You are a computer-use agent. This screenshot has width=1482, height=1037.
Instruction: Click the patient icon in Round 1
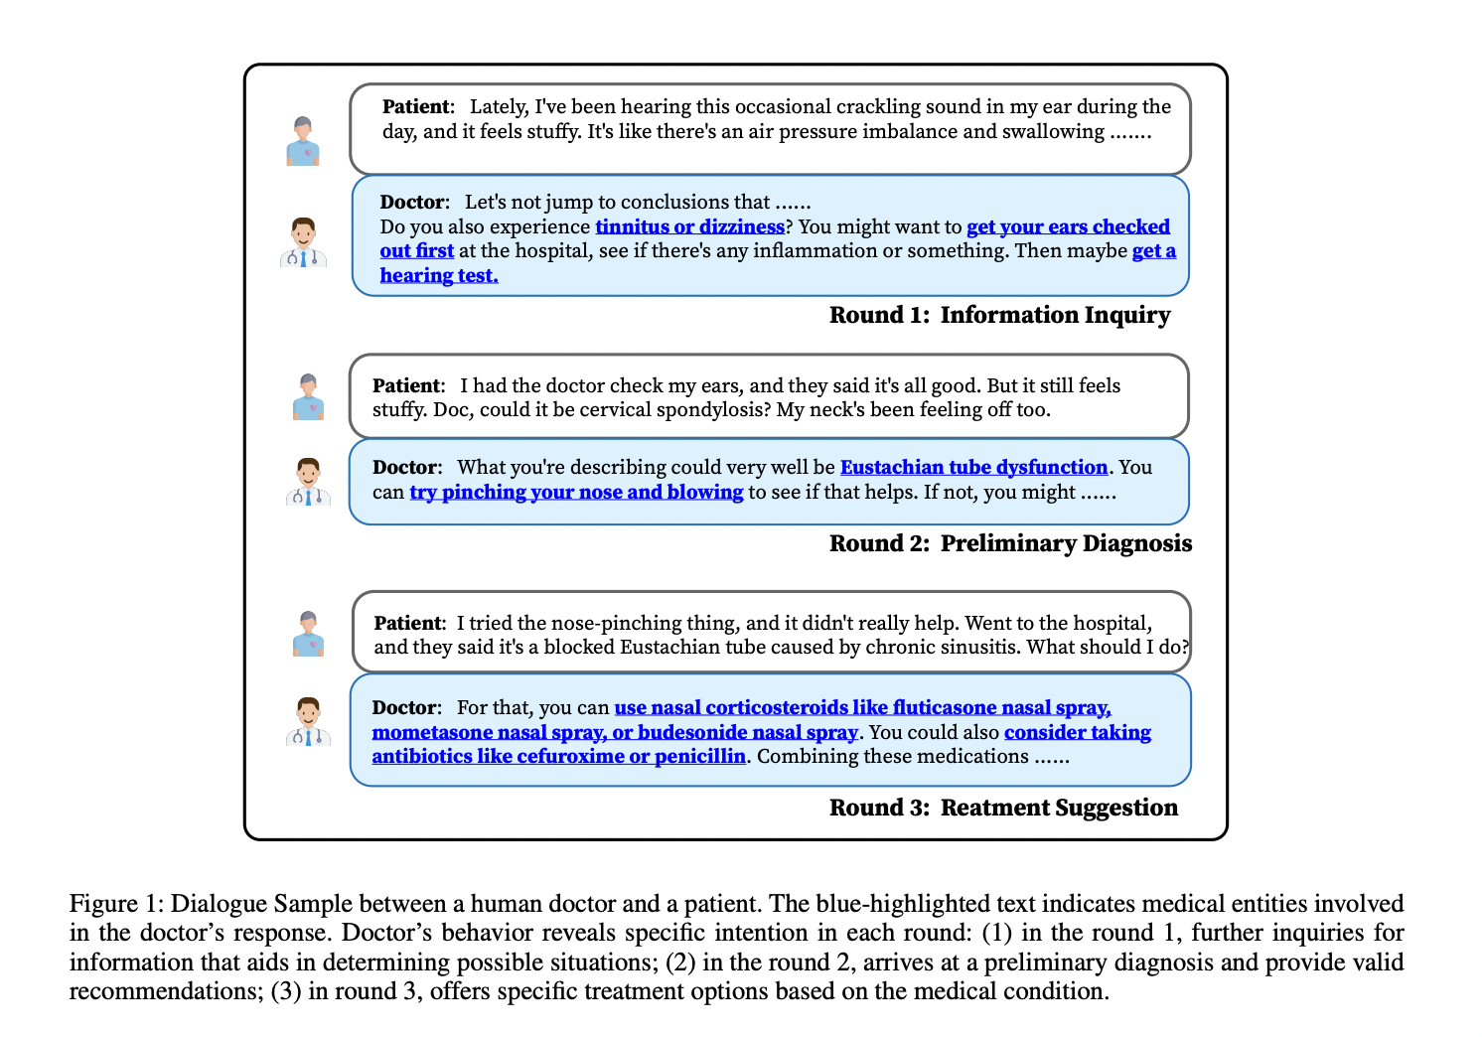[x=303, y=141]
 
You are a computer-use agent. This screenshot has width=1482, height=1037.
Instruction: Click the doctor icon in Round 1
[x=303, y=243]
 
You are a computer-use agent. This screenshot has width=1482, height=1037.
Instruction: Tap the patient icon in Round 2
[x=309, y=397]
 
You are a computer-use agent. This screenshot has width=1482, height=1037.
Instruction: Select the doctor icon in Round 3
[x=308, y=722]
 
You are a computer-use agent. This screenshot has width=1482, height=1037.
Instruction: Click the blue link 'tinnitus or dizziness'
[x=689, y=226]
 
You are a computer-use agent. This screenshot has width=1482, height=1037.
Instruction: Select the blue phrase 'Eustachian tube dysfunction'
[x=973, y=467]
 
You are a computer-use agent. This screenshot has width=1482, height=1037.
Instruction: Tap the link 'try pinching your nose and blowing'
[x=576, y=492]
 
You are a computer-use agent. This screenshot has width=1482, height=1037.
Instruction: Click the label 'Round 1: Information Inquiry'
[x=999, y=315]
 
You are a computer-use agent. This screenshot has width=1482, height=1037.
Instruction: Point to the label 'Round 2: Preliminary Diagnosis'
[x=1010, y=543]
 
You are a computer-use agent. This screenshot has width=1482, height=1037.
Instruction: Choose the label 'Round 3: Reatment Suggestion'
[x=1003, y=808]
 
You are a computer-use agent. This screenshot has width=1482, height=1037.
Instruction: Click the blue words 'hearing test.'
[x=439, y=275]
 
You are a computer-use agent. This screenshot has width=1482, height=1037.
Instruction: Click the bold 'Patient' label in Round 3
[x=408, y=623]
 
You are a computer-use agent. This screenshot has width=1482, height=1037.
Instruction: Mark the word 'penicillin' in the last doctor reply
[x=699, y=756]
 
